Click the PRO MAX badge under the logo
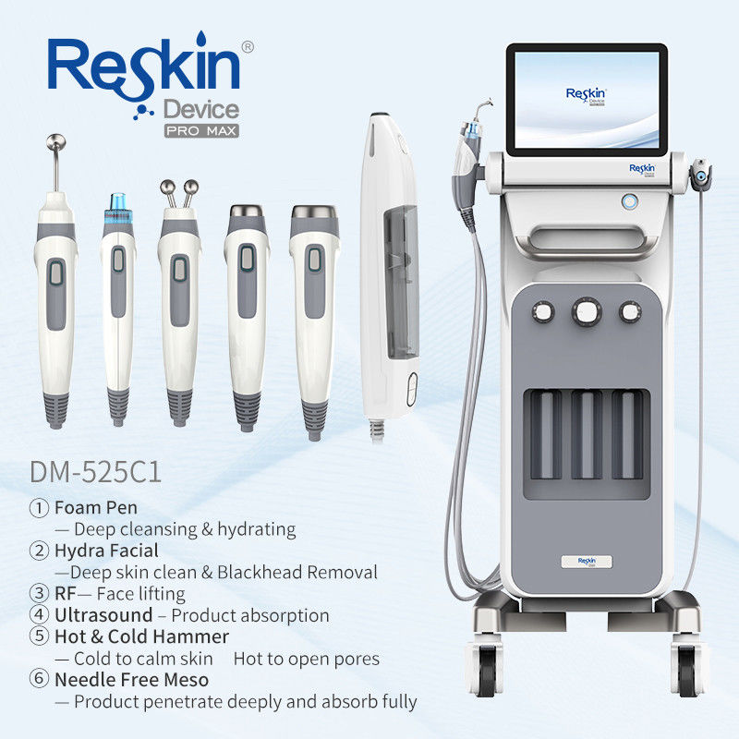tap(201, 130)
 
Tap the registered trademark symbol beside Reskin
tap(248, 47)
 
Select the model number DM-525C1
tap(96, 472)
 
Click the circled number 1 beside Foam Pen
tap(39, 507)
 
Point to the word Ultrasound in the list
tap(103, 615)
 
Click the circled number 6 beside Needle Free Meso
tap(39, 679)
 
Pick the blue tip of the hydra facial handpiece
tap(118, 206)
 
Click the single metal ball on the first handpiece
tap(56, 141)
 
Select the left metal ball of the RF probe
tap(167, 188)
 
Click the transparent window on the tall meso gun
tap(401, 282)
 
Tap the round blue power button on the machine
tap(629, 201)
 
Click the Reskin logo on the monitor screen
tap(587, 96)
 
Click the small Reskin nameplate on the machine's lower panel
tap(587, 562)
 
